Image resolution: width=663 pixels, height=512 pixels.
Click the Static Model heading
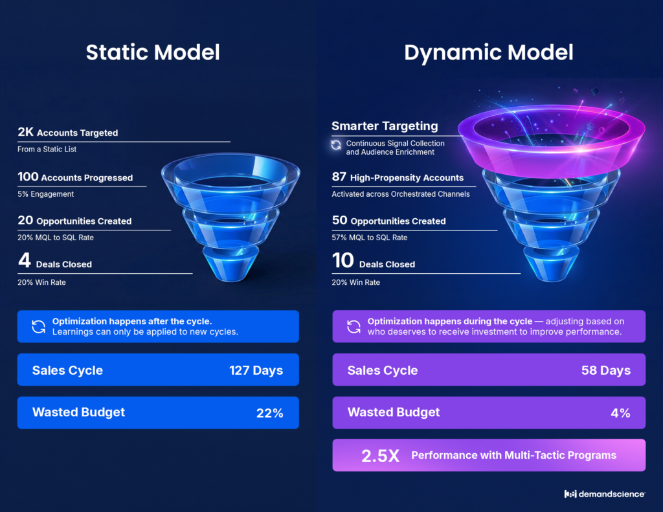(x=153, y=52)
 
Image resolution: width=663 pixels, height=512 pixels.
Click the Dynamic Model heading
(x=488, y=53)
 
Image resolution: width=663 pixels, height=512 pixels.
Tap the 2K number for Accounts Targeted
(x=25, y=132)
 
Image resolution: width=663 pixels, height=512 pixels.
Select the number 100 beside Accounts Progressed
(x=28, y=177)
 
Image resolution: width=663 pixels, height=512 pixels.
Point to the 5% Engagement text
(x=46, y=194)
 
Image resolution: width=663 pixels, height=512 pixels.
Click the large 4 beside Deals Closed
(x=25, y=260)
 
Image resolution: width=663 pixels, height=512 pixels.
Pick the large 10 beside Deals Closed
(x=343, y=260)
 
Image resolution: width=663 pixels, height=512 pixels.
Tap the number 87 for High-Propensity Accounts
(x=339, y=177)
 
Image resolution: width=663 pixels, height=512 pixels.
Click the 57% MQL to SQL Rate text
(x=370, y=238)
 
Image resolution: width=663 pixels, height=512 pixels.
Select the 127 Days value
(x=256, y=370)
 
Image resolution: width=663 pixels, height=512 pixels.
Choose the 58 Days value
(x=606, y=370)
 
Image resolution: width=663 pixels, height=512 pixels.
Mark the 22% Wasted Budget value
(x=270, y=413)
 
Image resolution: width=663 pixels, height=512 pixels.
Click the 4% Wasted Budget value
(x=620, y=413)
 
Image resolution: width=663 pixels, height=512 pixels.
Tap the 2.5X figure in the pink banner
(x=380, y=456)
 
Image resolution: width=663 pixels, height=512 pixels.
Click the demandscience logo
(x=605, y=494)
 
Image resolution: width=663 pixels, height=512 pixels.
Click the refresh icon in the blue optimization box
(x=38, y=326)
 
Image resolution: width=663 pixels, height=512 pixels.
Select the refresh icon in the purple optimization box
(x=354, y=326)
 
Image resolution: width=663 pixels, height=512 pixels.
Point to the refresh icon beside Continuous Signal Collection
(x=336, y=145)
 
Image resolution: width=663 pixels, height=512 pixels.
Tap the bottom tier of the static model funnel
(x=230, y=265)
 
